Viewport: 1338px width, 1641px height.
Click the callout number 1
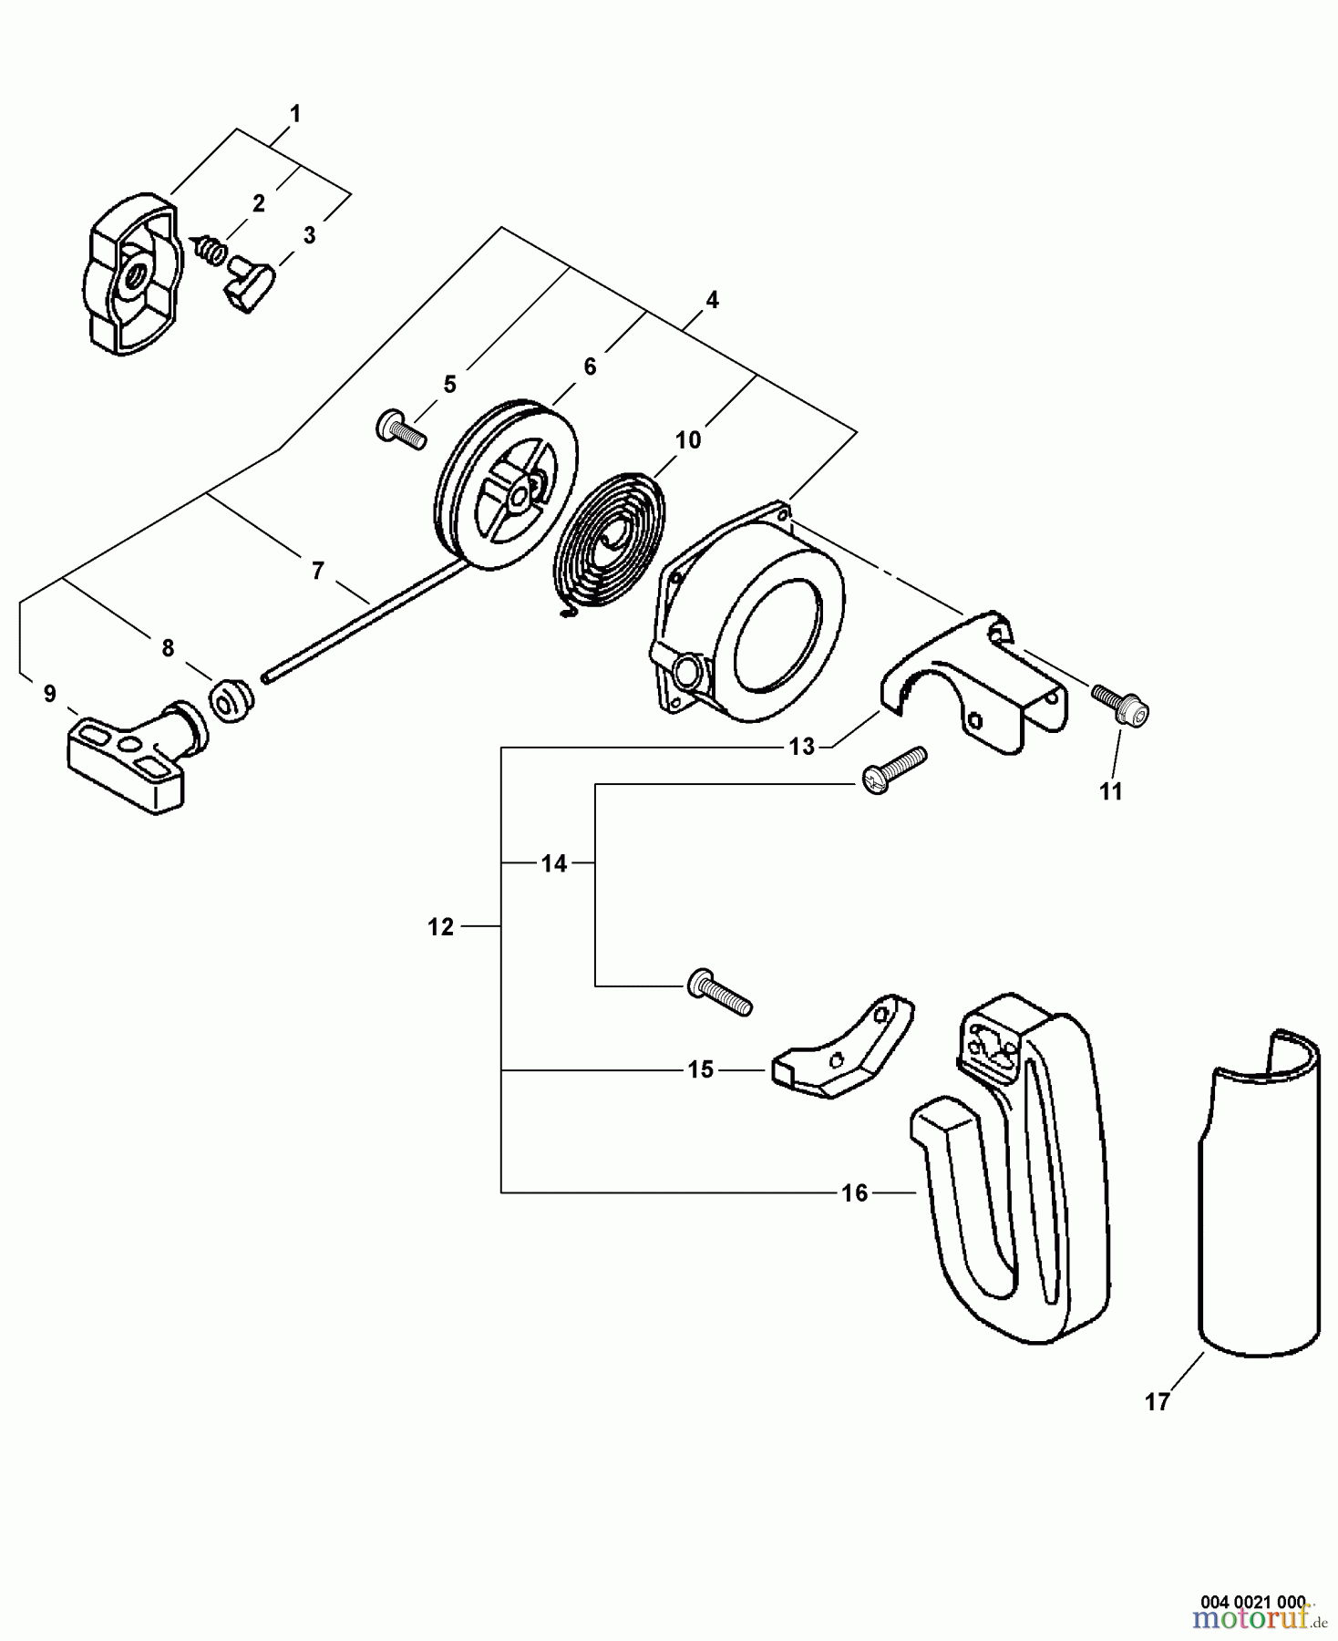tap(294, 115)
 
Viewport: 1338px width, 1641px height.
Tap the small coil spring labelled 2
tap(209, 247)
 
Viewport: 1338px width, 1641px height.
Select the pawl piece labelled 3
tap(246, 283)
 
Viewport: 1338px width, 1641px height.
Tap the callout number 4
tap(712, 300)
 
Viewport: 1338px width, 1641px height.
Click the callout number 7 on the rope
tap(317, 571)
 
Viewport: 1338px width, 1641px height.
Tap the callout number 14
tap(554, 862)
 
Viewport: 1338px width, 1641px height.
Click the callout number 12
tap(440, 927)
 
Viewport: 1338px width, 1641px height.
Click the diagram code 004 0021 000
tap(1252, 1601)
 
